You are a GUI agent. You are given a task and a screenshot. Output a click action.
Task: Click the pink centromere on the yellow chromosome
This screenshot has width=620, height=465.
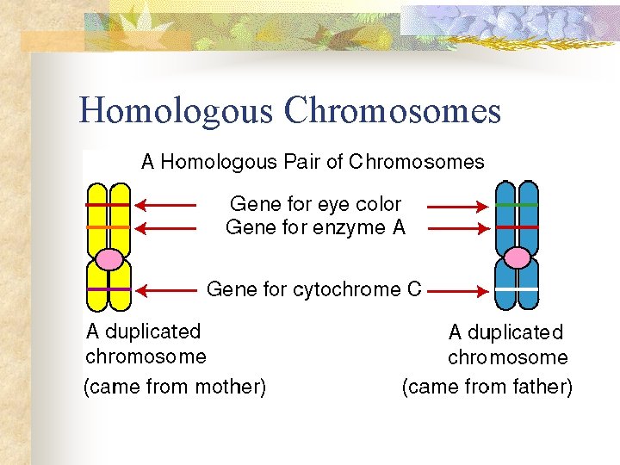tap(108, 258)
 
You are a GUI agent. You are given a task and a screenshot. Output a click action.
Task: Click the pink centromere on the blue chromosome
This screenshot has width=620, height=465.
tap(517, 257)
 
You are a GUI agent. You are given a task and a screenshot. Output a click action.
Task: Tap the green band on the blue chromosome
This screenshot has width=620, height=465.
tap(517, 205)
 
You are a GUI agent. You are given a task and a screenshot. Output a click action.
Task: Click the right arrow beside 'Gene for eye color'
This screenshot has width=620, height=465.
tap(459, 207)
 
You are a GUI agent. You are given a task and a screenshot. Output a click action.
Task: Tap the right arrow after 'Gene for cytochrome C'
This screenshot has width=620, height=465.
tap(459, 291)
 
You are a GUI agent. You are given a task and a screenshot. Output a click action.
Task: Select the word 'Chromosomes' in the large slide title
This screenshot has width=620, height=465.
tap(392, 111)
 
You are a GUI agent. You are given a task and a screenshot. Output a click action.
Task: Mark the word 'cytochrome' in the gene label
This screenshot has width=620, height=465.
tap(342, 289)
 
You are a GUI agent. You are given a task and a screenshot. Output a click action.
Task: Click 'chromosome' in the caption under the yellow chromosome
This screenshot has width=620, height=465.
tap(146, 356)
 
